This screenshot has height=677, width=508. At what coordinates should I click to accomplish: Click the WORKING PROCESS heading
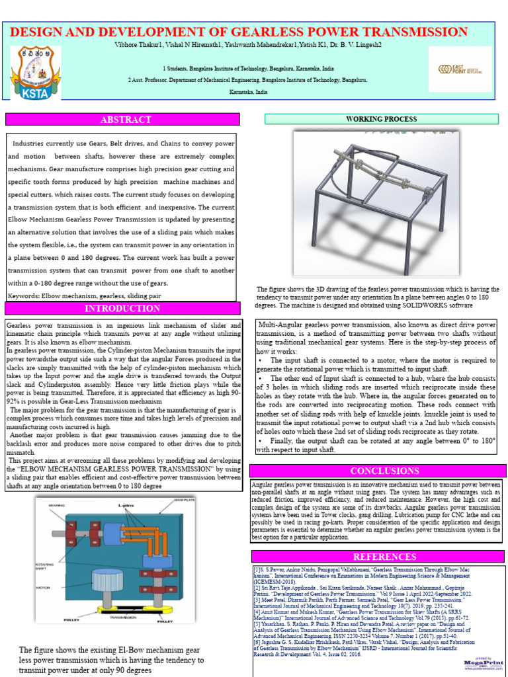381,119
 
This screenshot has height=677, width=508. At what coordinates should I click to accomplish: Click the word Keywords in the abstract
26,296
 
